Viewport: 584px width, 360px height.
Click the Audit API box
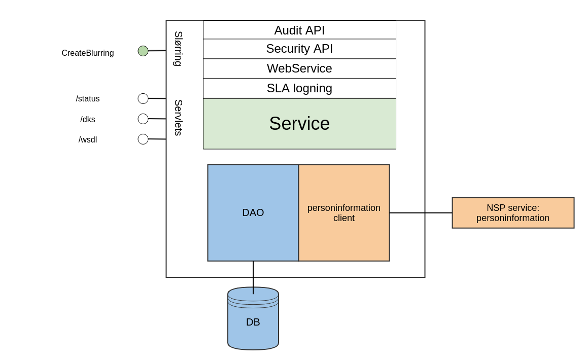click(x=299, y=30)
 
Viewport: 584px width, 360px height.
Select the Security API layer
click(x=299, y=49)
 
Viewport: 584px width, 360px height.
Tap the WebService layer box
click(x=299, y=68)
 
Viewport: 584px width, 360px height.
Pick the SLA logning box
click(x=299, y=88)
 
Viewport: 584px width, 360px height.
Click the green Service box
click(x=299, y=124)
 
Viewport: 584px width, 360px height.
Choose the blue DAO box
click(x=253, y=212)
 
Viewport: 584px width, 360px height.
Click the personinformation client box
click(x=344, y=213)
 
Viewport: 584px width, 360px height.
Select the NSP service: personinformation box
click(x=513, y=213)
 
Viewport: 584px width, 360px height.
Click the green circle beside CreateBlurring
click(x=143, y=51)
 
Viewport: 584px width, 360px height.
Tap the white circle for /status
click(x=143, y=98)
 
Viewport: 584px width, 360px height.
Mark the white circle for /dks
click(x=143, y=119)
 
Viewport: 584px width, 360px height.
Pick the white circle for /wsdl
click(x=143, y=139)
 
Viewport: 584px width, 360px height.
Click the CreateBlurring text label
click(x=88, y=53)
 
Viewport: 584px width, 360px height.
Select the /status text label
click(x=88, y=99)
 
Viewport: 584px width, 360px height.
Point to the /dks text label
click(x=88, y=120)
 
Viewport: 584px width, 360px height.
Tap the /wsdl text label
click(x=88, y=140)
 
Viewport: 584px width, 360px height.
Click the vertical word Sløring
click(x=178, y=49)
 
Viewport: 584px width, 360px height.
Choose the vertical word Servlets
click(x=178, y=118)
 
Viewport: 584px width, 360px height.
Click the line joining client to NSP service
click(x=421, y=213)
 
